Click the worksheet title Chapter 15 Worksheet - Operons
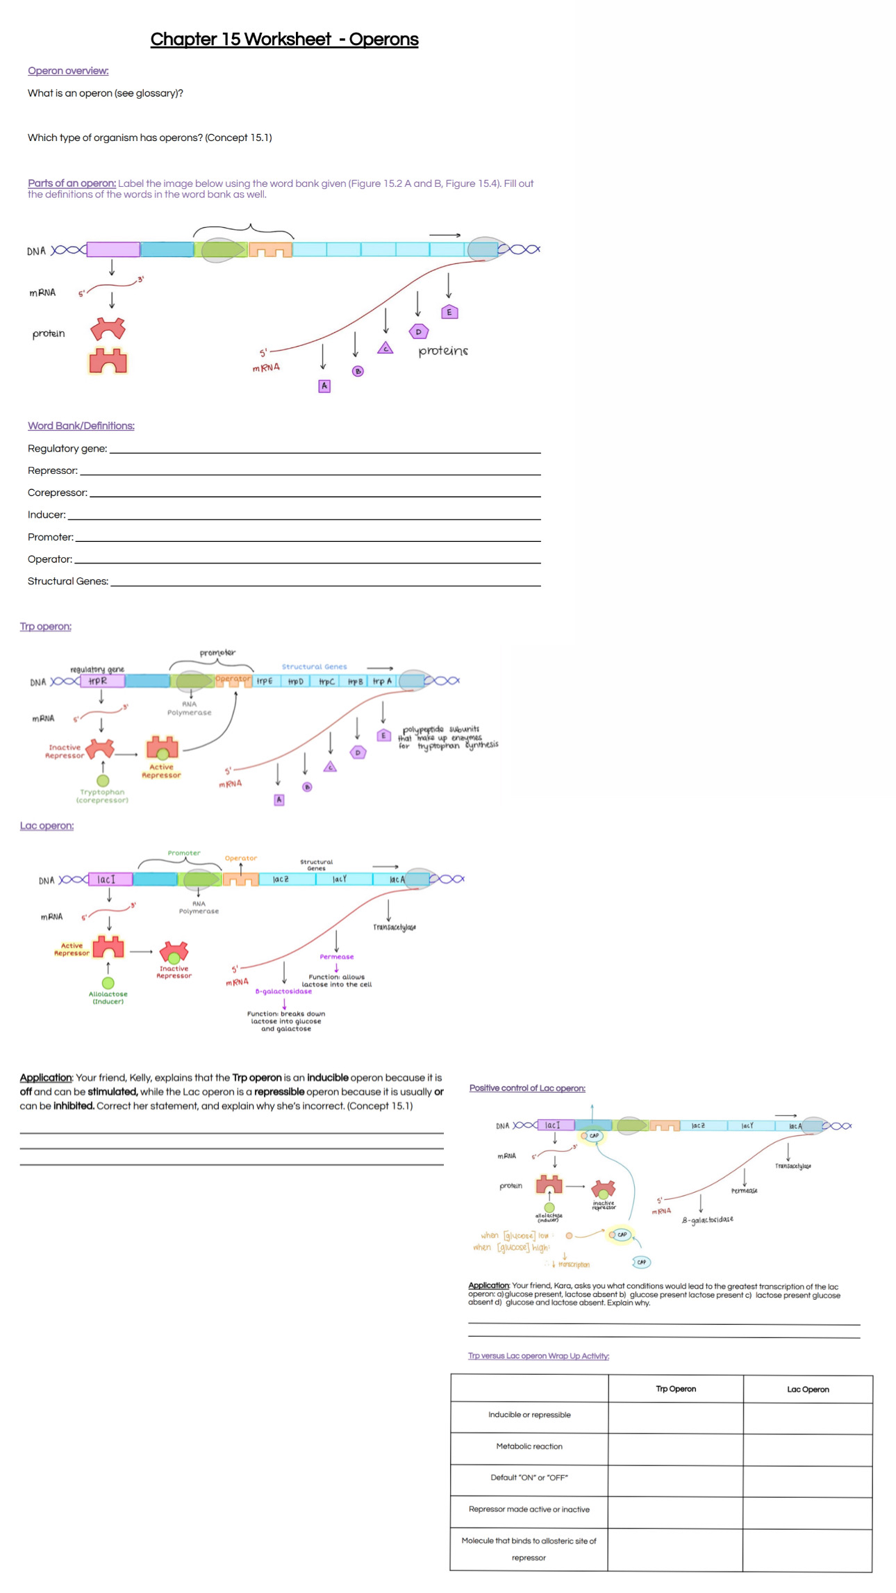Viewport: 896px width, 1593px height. click(284, 40)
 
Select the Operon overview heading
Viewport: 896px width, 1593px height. click(68, 71)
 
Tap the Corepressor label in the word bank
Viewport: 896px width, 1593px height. click(58, 493)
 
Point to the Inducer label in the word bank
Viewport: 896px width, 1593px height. click(47, 515)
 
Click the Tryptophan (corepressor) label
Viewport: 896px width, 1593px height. click(103, 796)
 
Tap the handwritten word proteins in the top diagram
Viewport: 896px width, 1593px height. click(443, 351)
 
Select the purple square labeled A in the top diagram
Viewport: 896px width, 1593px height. click(324, 386)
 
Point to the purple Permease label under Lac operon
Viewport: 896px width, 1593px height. click(337, 957)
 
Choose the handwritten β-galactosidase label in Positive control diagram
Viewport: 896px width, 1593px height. click(707, 1220)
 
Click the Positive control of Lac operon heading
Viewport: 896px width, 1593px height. click(527, 1088)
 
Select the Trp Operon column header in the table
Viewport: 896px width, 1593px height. click(676, 1389)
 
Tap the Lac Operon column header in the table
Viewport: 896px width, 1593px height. click(808, 1389)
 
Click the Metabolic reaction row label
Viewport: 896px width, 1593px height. click(529, 1446)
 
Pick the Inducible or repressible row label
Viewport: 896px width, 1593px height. click(529, 1414)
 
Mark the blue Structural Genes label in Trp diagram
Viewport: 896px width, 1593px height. click(314, 666)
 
